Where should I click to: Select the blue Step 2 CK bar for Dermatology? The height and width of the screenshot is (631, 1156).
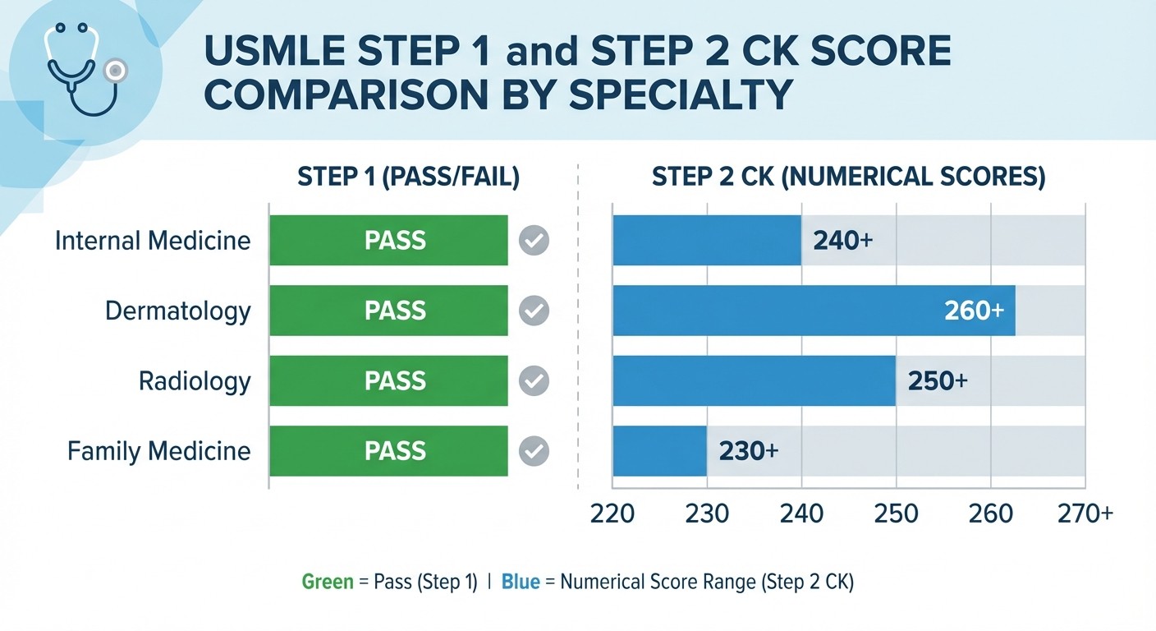coord(813,311)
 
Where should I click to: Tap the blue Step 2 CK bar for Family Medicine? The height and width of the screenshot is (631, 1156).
coord(659,451)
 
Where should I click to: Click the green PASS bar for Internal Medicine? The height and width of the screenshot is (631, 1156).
coord(388,241)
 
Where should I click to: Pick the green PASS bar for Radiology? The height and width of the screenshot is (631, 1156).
coord(388,381)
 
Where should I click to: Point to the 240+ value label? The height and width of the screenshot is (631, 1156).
coord(842,242)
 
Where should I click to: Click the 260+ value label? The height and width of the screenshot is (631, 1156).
coord(974,311)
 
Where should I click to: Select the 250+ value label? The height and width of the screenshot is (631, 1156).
coord(938,381)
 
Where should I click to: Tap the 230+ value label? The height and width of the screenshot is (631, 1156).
coord(748,451)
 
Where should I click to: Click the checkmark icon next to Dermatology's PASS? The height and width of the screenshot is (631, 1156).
coord(534,311)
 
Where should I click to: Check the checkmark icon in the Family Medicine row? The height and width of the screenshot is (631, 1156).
coord(534,451)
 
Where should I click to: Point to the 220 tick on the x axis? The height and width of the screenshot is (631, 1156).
coord(612,514)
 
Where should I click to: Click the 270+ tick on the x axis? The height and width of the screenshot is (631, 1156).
coord(1085,514)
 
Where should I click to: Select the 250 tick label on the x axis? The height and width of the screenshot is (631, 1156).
coord(896,514)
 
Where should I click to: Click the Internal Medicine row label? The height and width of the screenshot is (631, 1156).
coord(153,241)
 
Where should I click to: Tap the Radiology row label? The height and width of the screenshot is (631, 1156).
coord(195,381)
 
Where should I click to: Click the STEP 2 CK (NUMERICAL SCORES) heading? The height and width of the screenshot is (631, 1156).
coord(848,178)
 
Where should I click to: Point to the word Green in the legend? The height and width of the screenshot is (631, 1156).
coord(327,583)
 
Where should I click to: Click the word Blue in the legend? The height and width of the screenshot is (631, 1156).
coord(521,583)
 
